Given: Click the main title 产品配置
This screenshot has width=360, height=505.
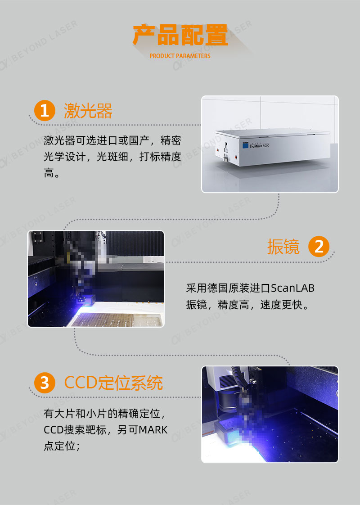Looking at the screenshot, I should (x=180, y=36).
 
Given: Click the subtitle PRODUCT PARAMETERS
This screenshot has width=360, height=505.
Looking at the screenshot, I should (x=180, y=56).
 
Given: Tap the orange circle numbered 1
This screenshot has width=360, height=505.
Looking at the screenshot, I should (x=44, y=110).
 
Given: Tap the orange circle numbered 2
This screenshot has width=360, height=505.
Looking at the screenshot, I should (x=319, y=247).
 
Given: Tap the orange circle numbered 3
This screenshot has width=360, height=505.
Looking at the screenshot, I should (x=44, y=383).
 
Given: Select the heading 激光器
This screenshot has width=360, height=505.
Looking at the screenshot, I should (x=88, y=111).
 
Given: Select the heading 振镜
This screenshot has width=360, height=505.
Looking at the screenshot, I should (x=283, y=247).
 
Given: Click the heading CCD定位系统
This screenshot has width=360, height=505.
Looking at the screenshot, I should (x=113, y=383).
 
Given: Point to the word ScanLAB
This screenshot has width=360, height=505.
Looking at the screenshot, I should (x=293, y=288).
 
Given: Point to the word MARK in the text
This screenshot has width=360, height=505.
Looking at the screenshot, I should (x=153, y=430).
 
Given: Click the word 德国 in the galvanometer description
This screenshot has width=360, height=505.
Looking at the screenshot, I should (x=218, y=288).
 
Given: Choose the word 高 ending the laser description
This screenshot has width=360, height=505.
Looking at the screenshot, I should (x=49, y=173).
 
